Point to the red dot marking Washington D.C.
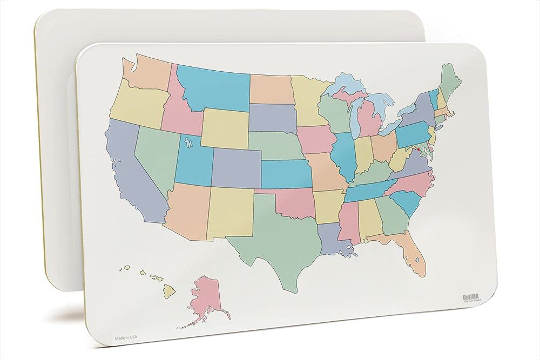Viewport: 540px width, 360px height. pyautogui.click(x=419, y=150)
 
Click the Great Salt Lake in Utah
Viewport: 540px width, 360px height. pyautogui.click(x=188, y=143)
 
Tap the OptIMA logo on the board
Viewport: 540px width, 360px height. pyautogui.click(x=471, y=296)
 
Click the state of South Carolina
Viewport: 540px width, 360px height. pyautogui.click(x=407, y=203)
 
